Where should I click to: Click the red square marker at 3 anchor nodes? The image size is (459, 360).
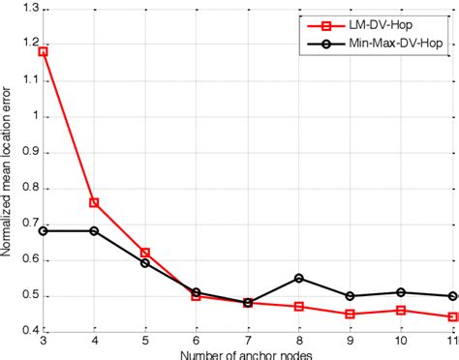(x=43, y=51)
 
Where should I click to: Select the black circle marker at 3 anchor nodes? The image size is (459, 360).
(x=43, y=230)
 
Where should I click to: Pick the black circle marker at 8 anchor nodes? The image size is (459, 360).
(x=298, y=278)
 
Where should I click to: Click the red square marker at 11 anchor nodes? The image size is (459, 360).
(x=451, y=316)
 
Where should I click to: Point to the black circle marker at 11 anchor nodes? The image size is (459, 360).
(x=451, y=296)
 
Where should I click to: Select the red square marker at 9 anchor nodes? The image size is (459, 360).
(x=350, y=314)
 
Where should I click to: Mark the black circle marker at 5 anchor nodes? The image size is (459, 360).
(x=145, y=262)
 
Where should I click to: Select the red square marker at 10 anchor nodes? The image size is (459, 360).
(x=401, y=310)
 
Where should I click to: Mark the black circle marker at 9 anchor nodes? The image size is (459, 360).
(x=350, y=296)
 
